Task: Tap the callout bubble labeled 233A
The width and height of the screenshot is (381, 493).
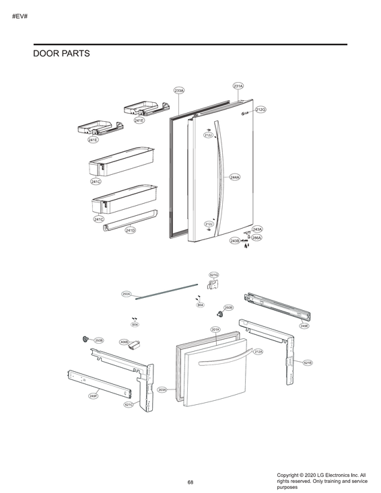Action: pos(179,90)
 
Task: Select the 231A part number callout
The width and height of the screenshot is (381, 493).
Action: pos(238,86)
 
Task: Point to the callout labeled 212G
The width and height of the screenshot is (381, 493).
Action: pos(261,110)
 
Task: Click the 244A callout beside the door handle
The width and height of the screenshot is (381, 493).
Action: pos(235,178)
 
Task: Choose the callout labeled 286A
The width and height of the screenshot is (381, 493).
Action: pos(256,237)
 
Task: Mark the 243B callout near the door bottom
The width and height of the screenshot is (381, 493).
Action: pos(235,240)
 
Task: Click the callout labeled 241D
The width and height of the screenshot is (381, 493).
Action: pos(131,230)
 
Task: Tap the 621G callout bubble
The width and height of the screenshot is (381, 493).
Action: pos(214,275)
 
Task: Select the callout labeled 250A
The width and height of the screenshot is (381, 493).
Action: pos(127,294)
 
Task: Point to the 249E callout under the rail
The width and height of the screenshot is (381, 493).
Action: pos(304,326)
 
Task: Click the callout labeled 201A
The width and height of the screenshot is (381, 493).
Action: pos(215,330)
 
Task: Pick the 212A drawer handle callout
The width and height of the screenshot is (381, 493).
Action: pos(258,352)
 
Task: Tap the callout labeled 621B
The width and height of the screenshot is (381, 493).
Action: pos(308,363)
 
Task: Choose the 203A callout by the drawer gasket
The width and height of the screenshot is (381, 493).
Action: pos(162,389)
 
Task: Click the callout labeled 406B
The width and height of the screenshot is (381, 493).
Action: pos(124,342)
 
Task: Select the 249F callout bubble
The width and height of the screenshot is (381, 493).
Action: pos(94,396)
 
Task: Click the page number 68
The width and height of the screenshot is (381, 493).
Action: pos(190,482)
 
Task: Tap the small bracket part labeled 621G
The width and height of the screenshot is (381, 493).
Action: pos(213,286)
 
